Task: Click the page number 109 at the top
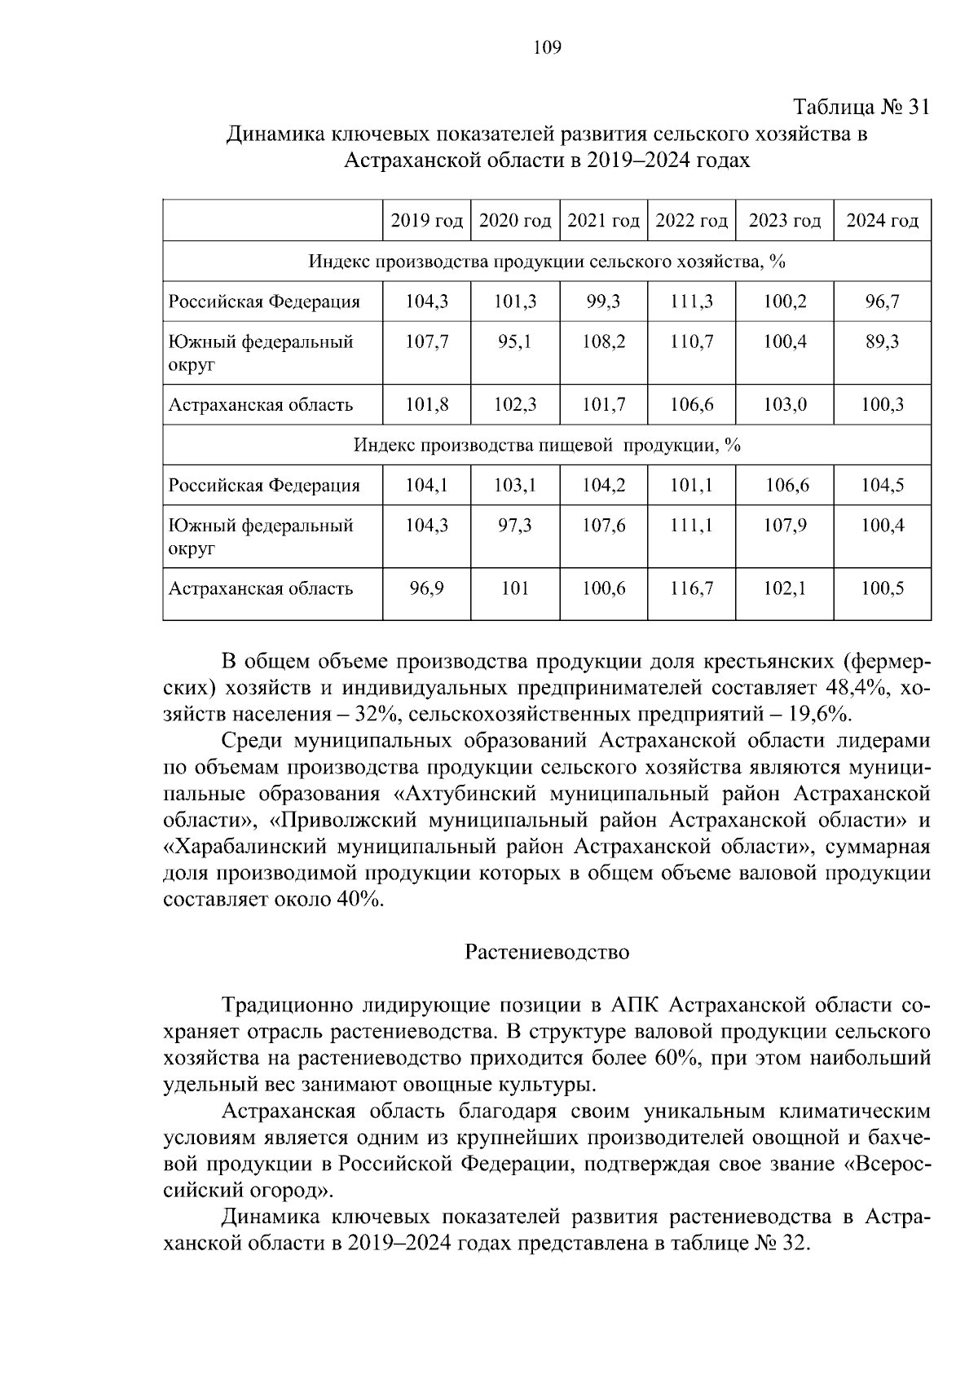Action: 547,48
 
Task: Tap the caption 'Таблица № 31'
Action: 861,108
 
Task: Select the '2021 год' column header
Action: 603,221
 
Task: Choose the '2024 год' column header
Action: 882,221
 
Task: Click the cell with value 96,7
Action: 882,302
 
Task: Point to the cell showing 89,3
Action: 882,341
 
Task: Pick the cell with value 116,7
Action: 691,588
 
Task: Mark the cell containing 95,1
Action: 515,341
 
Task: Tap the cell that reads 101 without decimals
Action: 515,588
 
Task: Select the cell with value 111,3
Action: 691,302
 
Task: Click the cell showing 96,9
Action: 427,588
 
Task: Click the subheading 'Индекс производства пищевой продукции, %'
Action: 546,446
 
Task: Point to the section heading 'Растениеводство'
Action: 547,952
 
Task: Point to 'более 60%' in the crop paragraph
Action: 647,1059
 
